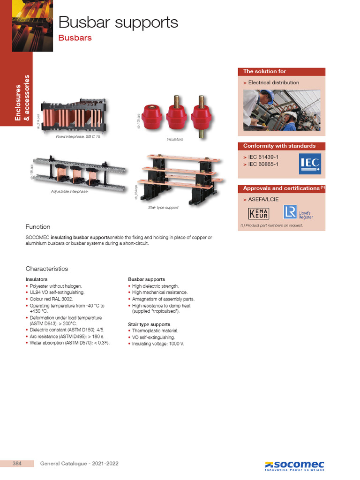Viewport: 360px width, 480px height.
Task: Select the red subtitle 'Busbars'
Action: (x=75, y=38)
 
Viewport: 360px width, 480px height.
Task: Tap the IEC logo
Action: (x=310, y=164)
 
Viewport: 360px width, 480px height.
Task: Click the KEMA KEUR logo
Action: (x=259, y=213)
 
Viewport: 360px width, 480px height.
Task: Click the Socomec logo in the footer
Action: (x=294, y=465)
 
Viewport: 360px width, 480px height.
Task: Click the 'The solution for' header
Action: (x=265, y=72)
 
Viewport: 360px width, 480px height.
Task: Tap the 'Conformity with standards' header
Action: (x=279, y=146)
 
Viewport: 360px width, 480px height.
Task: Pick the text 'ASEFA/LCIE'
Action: (x=263, y=199)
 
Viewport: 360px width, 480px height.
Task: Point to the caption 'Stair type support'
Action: (x=163, y=207)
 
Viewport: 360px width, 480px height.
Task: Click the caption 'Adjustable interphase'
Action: (x=69, y=192)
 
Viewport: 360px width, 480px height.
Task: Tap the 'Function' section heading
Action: (x=37, y=227)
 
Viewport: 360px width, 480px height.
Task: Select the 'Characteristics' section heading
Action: (x=47, y=269)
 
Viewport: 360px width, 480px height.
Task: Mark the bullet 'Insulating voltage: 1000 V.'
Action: (x=158, y=344)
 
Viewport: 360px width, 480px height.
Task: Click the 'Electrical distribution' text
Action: (x=273, y=82)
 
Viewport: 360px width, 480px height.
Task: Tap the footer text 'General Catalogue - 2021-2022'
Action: (x=79, y=464)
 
